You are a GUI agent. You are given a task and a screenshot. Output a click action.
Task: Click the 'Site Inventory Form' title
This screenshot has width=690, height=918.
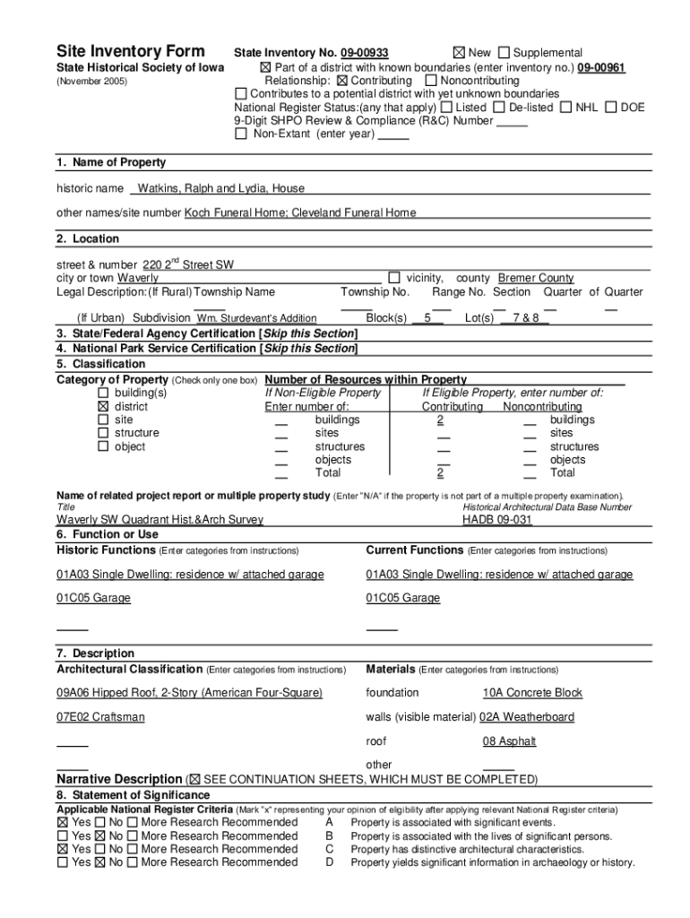131,51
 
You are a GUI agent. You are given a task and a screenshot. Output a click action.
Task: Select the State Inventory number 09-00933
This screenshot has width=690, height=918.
363,54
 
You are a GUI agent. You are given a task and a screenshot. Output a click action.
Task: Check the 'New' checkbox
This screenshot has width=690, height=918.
459,53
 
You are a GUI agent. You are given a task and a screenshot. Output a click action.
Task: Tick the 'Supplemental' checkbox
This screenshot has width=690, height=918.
504,53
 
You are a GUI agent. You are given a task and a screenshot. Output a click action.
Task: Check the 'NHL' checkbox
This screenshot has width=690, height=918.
565,108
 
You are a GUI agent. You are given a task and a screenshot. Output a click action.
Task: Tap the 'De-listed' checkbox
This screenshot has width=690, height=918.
499,108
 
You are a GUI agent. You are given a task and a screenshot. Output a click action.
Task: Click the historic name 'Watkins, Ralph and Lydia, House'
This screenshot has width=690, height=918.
220,188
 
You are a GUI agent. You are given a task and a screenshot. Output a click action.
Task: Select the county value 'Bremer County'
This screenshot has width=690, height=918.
536,278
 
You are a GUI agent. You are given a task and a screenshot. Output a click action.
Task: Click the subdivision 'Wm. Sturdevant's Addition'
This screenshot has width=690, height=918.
256,318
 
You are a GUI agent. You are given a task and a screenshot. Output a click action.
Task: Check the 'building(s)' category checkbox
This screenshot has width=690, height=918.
103,394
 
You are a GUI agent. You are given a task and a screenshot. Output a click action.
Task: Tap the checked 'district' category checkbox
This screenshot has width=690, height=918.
103,407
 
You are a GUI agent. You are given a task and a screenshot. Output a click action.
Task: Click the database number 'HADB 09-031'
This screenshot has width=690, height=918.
497,520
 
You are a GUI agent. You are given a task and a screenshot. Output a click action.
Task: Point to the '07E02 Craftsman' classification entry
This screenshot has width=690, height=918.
100,717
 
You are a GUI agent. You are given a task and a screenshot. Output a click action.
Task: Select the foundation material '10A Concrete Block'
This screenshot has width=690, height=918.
532,693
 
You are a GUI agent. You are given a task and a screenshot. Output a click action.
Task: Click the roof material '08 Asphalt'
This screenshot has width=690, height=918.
509,741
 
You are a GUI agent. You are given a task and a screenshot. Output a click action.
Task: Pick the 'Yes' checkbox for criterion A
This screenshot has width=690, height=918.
63,823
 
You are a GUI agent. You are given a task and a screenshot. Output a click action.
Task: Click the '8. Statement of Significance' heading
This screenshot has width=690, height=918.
133,795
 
